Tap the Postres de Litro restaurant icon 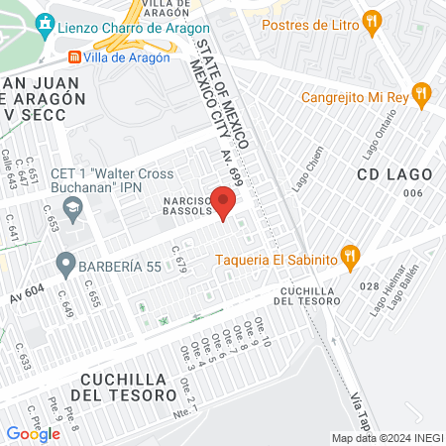coord(372,19)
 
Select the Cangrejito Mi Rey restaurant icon coord(421,93)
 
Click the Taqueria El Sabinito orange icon coord(349,257)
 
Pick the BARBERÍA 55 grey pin coord(65,265)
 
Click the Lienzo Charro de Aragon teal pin coord(44,23)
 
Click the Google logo coord(33,433)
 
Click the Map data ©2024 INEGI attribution coord(387,438)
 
